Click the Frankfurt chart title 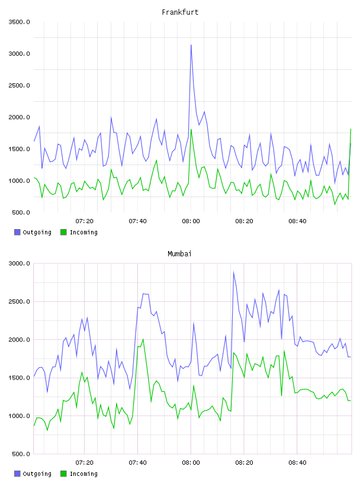click(x=180, y=12)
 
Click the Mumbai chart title click(x=179, y=254)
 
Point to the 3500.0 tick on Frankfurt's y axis click(x=19, y=22)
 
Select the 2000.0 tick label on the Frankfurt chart click(x=19, y=117)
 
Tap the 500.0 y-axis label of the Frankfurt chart click(x=21, y=212)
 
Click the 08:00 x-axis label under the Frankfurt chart click(x=191, y=221)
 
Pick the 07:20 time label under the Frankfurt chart click(x=84, y=221)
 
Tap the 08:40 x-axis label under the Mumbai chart click(x=297, y=463)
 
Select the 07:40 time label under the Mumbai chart click(x=137, y=463)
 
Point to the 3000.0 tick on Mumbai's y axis click(x=19, y=263)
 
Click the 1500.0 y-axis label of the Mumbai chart click(x=19, y=378)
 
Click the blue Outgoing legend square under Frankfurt click(x=17, y=232)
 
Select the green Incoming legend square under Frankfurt click(x=63, y=232)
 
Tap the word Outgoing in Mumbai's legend click(x=37, y=474)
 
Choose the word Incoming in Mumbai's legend click(x=83, y=474)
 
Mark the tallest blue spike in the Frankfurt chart click(x=191, y=45)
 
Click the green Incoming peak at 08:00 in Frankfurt click(x=191, y=130)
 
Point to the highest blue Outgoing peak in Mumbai click(x=234, y=272)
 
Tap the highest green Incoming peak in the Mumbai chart click(x=143, y=339)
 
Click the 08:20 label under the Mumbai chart click(x=244, y=463)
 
